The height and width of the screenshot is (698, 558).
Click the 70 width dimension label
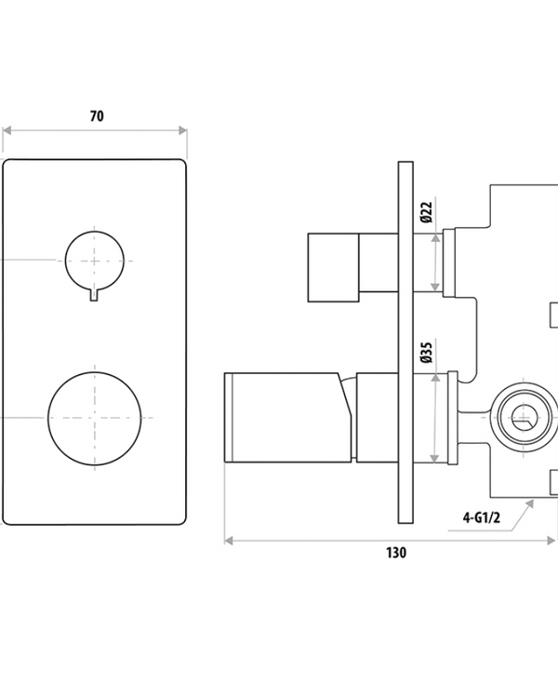pyautogui.click(x=97, y=116)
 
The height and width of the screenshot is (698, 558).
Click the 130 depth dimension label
pyautogui.click(x=396, y=552)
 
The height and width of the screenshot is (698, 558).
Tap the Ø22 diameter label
pyautogui.click(x=426, y=213)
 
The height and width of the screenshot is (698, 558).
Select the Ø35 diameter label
pyautogui.click(x=426, y=353)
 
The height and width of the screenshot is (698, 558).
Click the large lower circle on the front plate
pyautogui.click(x=93, y=415)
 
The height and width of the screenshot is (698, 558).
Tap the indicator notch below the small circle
pyautogui.click(x=94, y=295)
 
